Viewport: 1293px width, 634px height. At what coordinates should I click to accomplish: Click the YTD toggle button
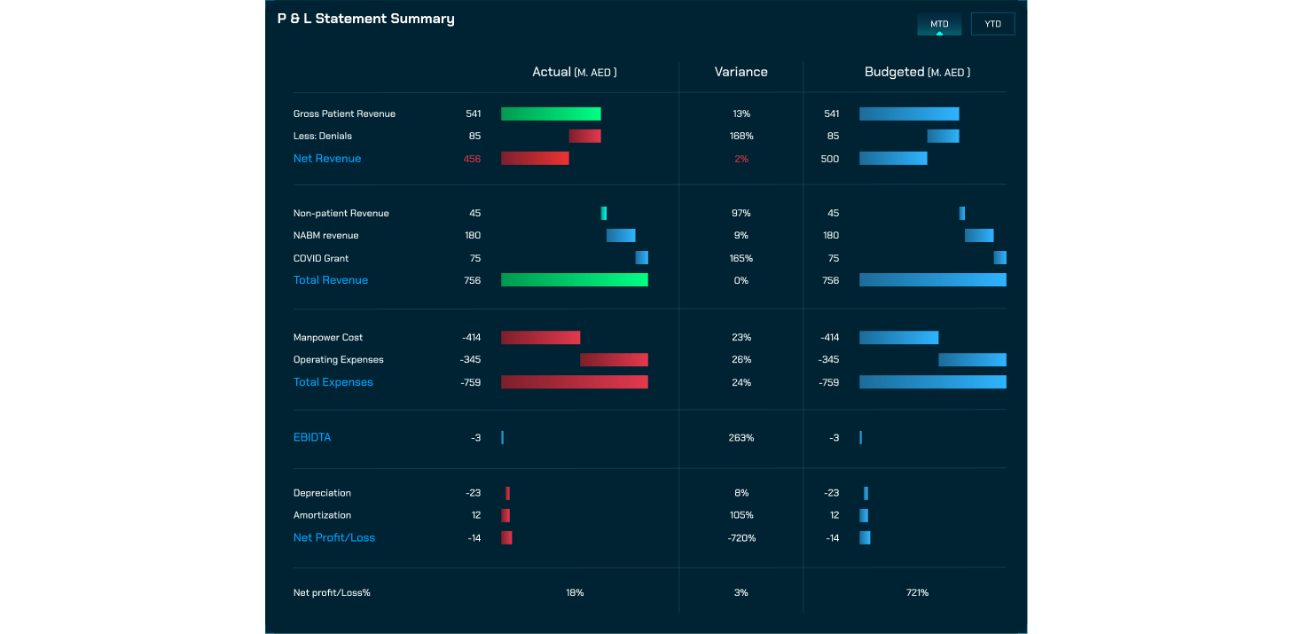click(x=992, y=24)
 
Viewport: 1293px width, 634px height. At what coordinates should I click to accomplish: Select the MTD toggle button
click(x=939, y=24)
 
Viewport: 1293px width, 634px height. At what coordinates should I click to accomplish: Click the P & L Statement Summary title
click(x=365, y=19)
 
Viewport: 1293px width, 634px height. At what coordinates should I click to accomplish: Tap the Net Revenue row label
click(x=327, y=159)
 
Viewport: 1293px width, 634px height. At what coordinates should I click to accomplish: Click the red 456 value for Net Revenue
click(x=472, y=159)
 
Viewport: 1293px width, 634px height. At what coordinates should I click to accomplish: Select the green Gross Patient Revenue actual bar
click(x=551, y=113)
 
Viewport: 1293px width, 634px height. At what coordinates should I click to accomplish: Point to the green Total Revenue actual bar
click(x=575, y=280)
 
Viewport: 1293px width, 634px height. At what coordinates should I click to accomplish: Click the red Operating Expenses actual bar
click(x=614, y=360)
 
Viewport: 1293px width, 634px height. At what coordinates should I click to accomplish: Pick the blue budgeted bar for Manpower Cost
click(x=898, y=338)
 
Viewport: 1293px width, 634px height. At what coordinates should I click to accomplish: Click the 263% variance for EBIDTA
click(x=741, y=438)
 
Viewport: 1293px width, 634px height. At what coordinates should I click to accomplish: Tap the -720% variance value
click(x=741, y=538)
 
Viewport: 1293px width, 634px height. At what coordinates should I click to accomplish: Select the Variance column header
click(x=741, y=72)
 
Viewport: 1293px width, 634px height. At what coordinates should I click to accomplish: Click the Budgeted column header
click(x=917, y=72)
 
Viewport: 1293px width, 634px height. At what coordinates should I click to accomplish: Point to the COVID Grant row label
click(x=321, y=259)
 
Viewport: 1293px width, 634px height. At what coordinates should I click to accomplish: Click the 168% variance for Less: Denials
click(x=741, y=137)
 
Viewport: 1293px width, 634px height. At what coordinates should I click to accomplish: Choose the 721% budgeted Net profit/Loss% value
click(x=917, y=592)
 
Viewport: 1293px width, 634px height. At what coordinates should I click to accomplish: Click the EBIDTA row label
click(x=312, y=438)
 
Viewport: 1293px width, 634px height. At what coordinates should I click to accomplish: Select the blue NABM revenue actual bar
click(x=621, y=236)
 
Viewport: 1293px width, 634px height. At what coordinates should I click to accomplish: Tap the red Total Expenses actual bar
click(x=575, y=382)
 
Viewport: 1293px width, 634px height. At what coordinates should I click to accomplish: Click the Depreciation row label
click(x=322, y=493)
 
